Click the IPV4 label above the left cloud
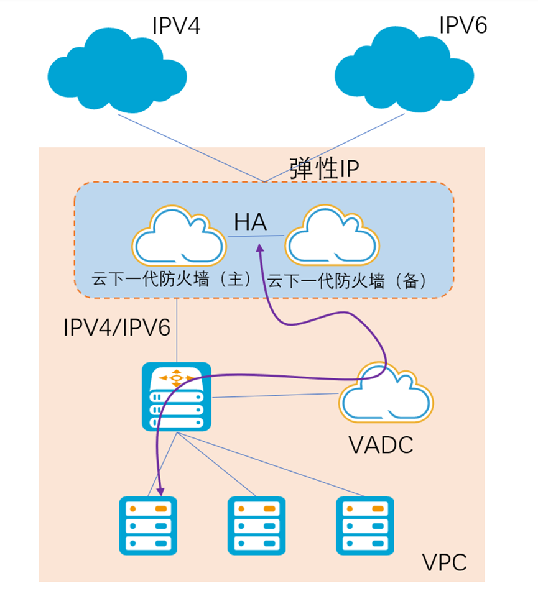click(x=177, y=25)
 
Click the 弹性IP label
click(x=324, y=168)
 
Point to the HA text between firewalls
click(x=251, y=222)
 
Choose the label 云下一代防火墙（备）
click(x=348, y=281)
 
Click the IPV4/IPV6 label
click(x=117, y=327)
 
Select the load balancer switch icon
click(x=176, y=397)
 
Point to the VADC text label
click(x=381, y=445)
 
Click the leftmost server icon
click(x=148, y=525)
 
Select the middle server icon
click(x=256, y=525)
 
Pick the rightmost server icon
click(x=364, y=525)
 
